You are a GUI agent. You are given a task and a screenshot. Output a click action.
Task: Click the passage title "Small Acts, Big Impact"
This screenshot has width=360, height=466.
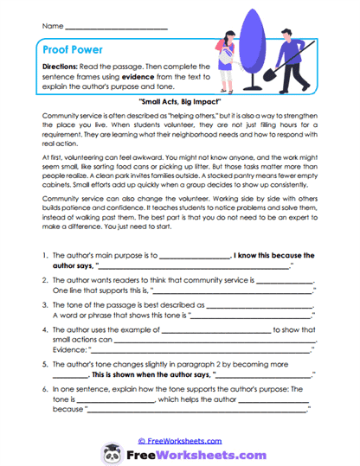[x=180, y=101]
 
